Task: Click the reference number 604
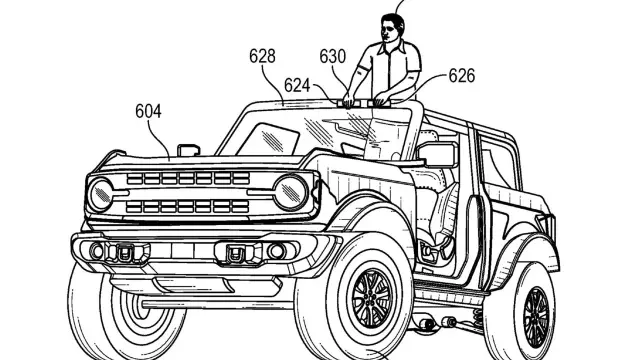point(148,111)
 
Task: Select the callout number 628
point(262,56)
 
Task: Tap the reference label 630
point(332,56)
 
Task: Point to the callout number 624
point(297,86)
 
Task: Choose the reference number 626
point(462,76)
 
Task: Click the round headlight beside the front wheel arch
point(290,192)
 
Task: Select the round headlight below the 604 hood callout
point(100,195)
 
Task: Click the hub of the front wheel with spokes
point(371,298)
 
